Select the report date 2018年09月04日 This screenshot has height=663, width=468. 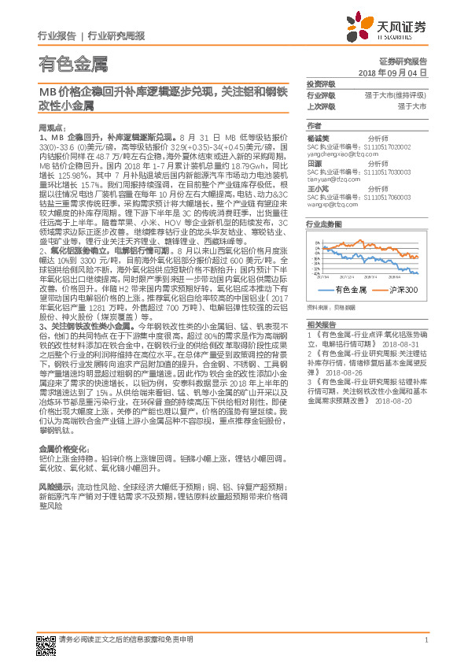pos(392,72)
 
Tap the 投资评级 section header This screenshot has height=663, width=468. pos(321,84)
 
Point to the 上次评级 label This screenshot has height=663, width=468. pos(321,105)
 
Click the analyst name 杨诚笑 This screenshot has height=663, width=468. pos(318,137)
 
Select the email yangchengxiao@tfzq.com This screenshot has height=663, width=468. pos(343,154)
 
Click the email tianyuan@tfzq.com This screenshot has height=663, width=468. pos(337,180)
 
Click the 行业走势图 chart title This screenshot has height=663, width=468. pos(324,224)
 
